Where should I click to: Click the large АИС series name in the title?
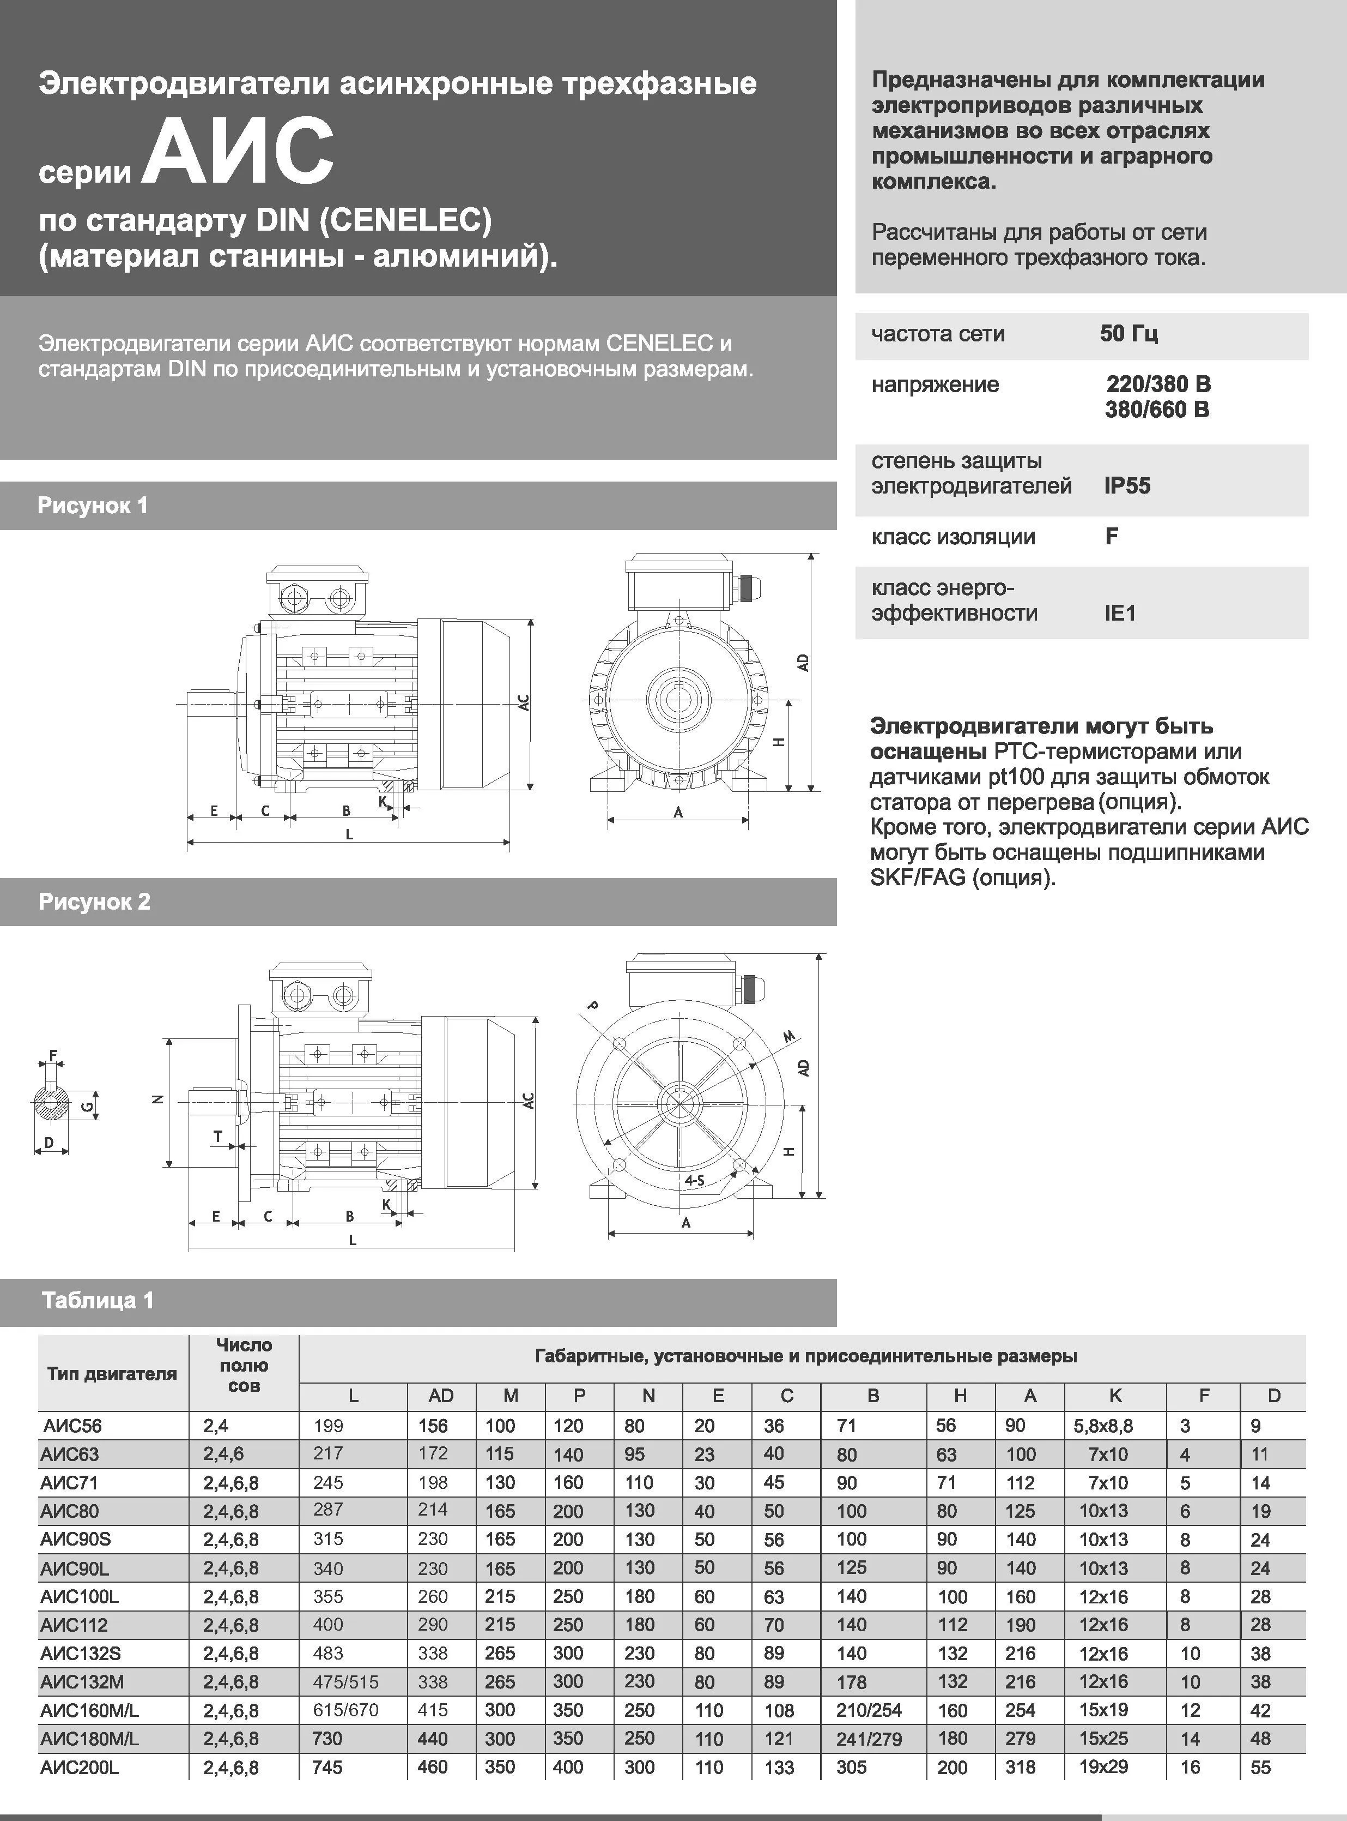(239, 151)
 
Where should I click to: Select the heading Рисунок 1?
(93, 506)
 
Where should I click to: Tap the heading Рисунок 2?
(95, 902)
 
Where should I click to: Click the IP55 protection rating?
(1127, 486)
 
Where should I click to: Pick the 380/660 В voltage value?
(1157, 410)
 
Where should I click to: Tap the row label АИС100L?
(80, 1596)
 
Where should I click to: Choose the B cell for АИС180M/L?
(869, 1739)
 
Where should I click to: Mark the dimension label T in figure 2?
(218, 1135)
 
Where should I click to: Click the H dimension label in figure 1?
(779, 742)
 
